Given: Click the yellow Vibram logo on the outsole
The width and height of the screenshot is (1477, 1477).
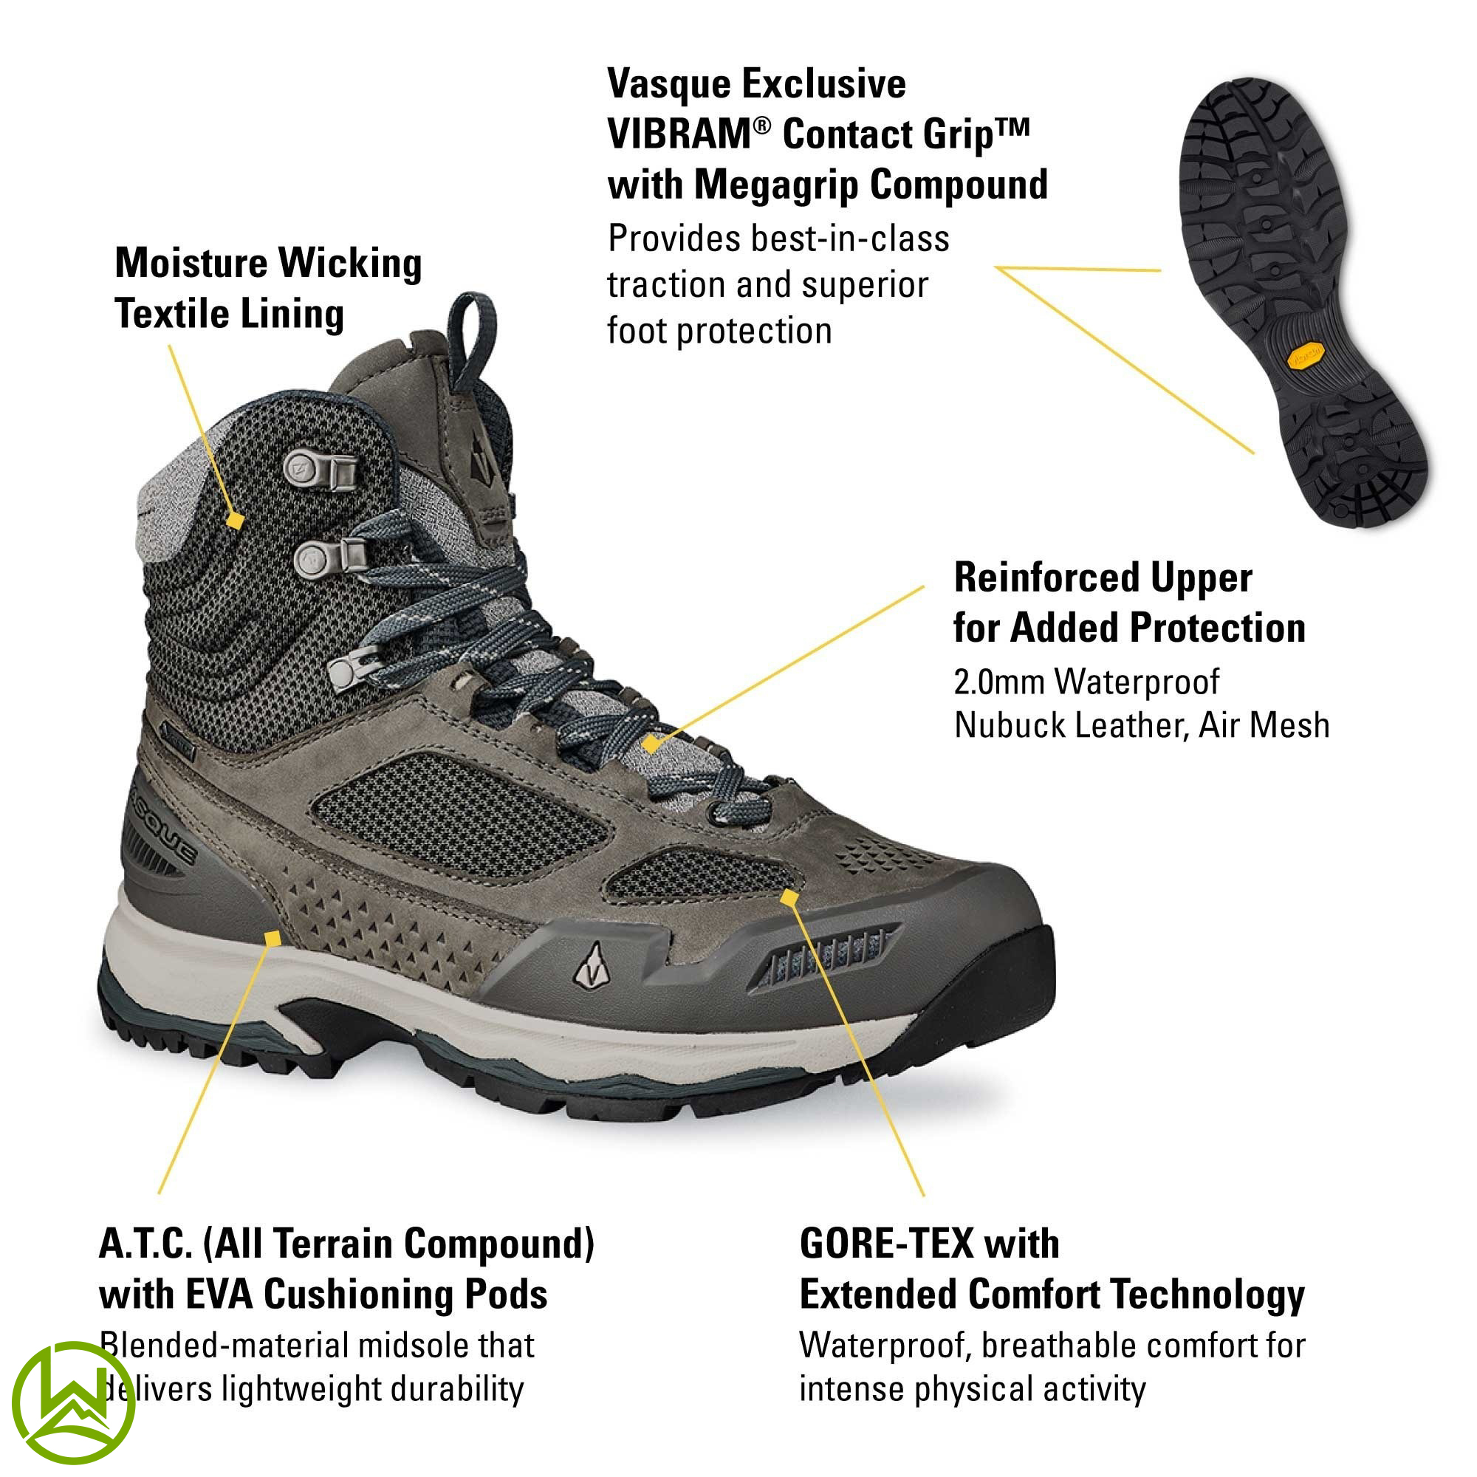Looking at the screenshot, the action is point(1306,355).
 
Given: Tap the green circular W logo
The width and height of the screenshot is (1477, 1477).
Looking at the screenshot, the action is point(73,1402).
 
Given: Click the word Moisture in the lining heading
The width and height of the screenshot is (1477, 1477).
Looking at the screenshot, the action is point(191,263).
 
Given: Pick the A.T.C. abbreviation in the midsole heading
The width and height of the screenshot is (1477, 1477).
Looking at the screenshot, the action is point(145,1244).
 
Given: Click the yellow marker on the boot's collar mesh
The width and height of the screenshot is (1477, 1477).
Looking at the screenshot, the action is point(236,521).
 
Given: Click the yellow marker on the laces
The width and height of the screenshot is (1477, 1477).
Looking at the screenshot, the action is point(650,744).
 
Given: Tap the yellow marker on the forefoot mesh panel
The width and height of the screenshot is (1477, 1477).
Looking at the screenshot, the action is point(789,897).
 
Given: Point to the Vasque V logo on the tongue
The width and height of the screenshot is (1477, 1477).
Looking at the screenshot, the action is point(480,457).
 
